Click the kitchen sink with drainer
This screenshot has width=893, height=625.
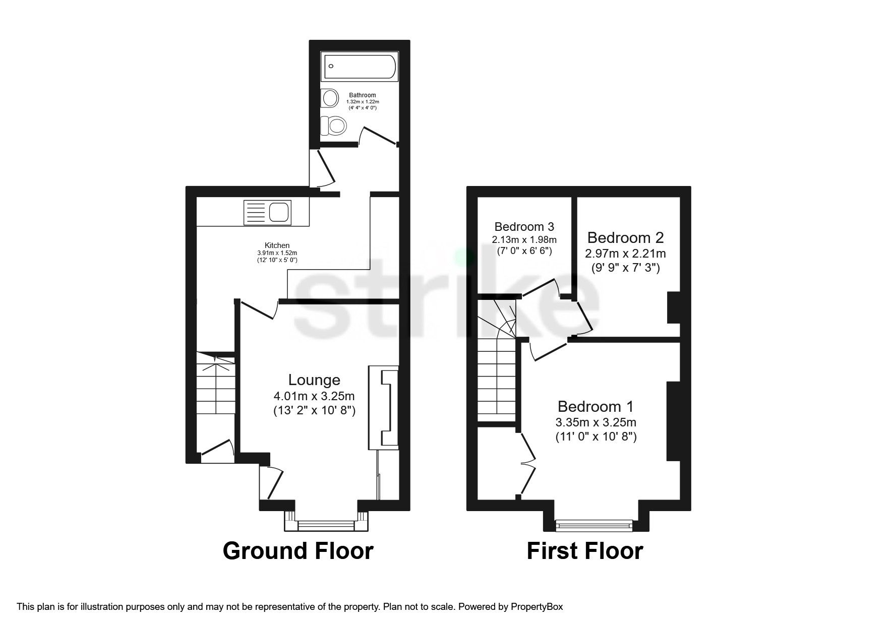(x=267, y=212)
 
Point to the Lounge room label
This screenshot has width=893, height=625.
(x=314, y=380)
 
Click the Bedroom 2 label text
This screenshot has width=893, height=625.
(x=625, y=237)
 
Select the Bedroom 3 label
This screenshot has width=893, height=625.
(x=524, y=227)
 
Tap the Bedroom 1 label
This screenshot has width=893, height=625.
(x=595, y=406)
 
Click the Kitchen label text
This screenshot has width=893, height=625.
(x=277, y=245)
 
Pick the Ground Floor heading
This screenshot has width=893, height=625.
(x=298, y=551)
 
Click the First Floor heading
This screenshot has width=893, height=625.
(x=585, y=551)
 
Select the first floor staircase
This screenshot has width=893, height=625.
(x=497, y=373)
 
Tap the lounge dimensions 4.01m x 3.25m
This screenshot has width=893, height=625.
(x=314, y=396)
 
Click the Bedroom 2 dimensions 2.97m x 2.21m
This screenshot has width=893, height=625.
(x=625, y=253)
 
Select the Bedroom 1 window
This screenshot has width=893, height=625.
(x=594, y=526)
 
